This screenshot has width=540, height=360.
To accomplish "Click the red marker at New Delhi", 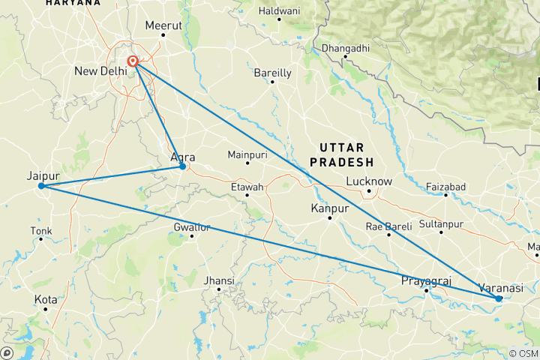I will click(x=133, y=62).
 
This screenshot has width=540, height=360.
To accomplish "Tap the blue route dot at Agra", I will click(x=182, y=166).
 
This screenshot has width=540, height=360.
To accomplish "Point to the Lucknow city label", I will click(x=369, y=181).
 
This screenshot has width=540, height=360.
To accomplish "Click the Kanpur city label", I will click(x=330, y=208).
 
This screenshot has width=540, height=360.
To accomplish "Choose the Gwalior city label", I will click(x=192, y=226).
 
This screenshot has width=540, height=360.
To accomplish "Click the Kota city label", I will click(x=45, y=299).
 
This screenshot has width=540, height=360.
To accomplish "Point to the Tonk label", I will click(x=41, y=230).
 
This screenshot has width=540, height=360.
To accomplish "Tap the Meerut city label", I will click(x=163, y=25).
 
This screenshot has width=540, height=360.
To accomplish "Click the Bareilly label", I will click(x=272, y=73).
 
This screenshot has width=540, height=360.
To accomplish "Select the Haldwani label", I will click(x=279, y=11).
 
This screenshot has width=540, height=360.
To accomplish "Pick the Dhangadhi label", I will click(x=345, y=49).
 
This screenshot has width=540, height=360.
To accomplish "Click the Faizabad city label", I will click(x=445, y=186).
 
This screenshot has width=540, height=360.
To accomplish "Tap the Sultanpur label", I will click(x=440, y=223).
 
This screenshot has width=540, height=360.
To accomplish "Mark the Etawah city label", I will click(x=247, y=186).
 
